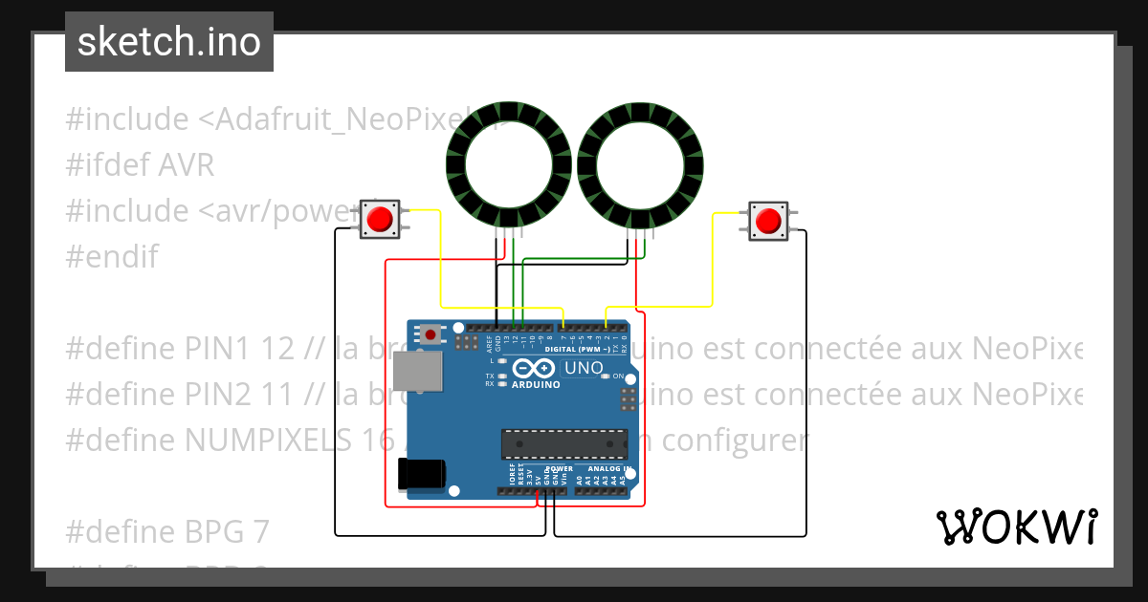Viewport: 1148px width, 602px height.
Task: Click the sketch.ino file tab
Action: point(169,42)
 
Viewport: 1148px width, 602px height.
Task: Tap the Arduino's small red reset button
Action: point(432,334)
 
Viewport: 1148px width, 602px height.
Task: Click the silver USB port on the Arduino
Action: point(421,372)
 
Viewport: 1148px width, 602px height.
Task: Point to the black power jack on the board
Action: point(421,474)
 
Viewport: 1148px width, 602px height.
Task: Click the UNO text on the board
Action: point(584,368)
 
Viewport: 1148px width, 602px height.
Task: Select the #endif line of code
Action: point(112,256)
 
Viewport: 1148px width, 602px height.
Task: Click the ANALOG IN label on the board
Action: point(609,469)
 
